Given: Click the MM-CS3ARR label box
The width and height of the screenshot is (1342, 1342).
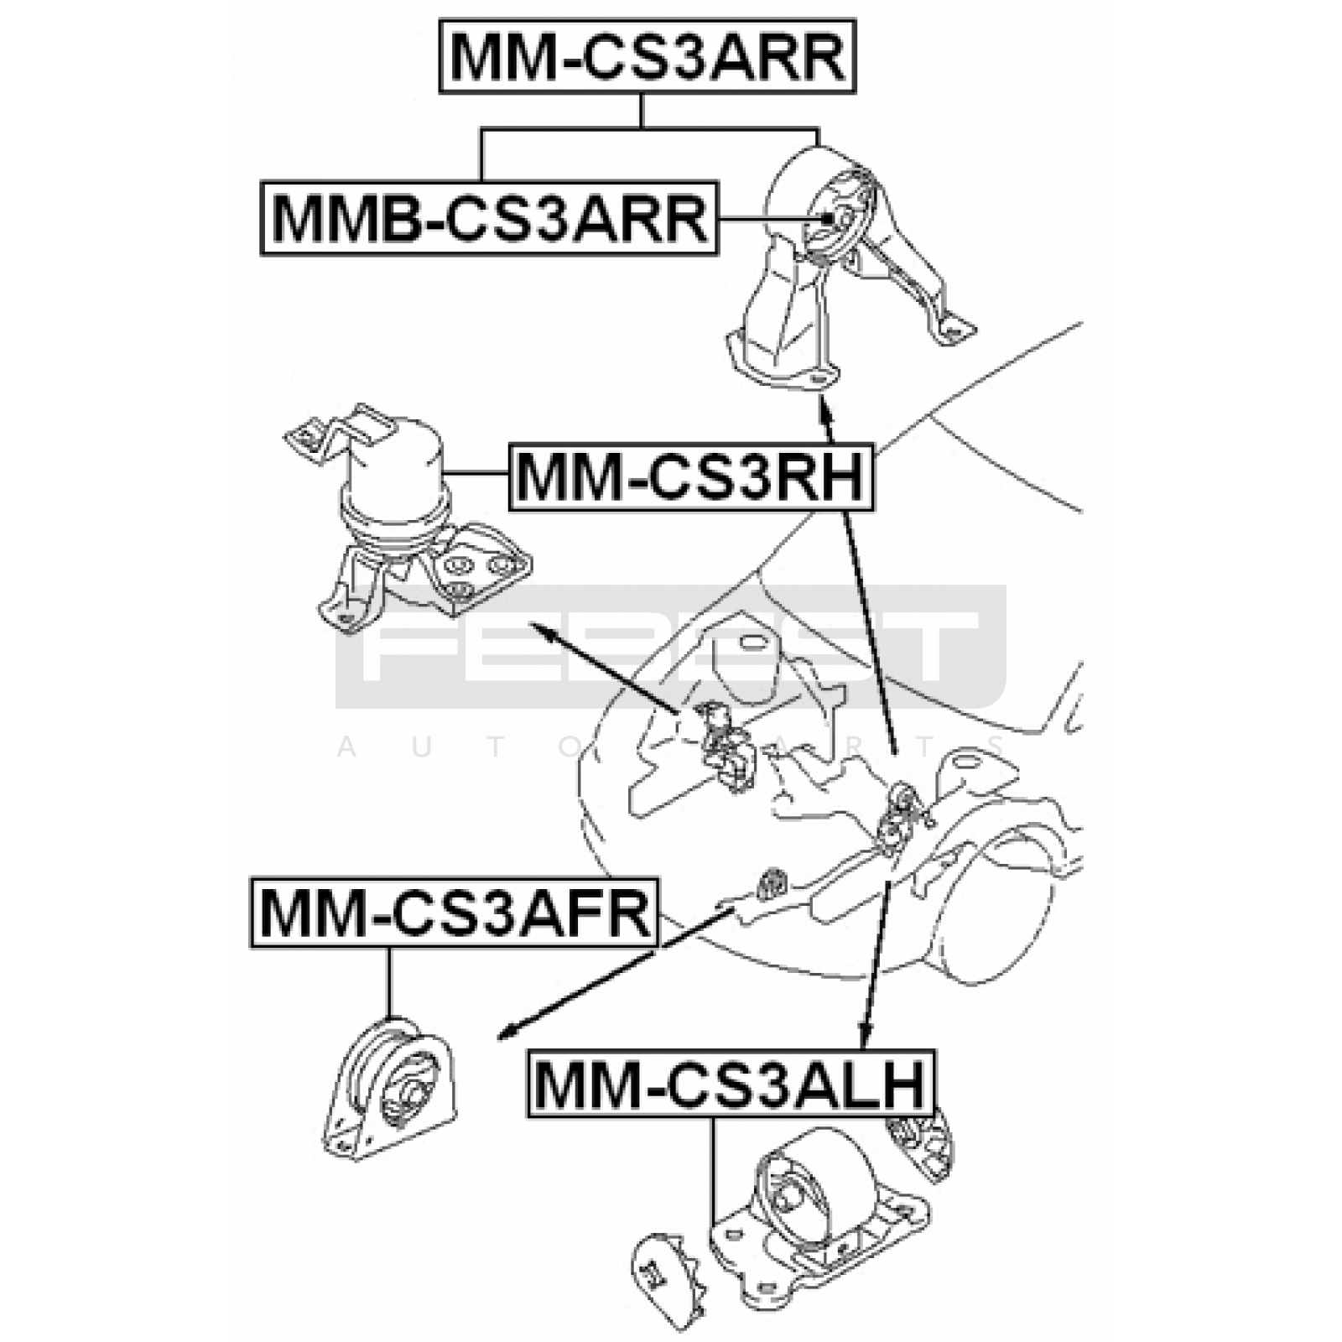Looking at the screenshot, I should (647, 57).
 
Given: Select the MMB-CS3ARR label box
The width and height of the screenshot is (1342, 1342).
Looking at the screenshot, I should (490, 218).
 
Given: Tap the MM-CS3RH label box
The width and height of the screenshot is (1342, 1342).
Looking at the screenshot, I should (691, 476).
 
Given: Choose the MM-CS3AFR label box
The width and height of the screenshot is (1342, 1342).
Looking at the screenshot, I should (455, 913).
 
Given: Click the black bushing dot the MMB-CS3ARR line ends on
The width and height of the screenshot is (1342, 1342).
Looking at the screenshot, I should (828, 218).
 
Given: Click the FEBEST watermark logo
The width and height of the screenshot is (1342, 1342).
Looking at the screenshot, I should (671, 646).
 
